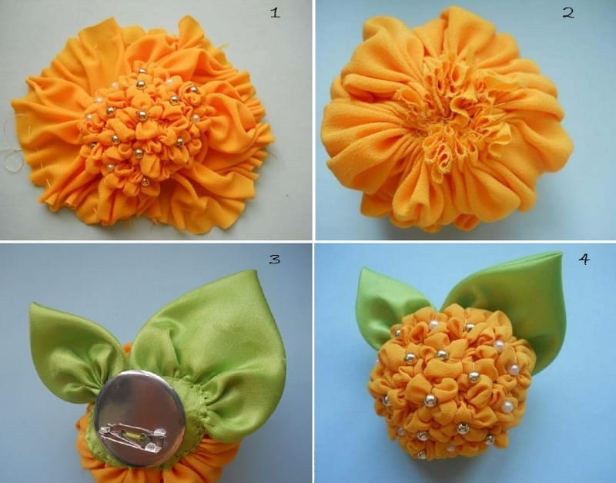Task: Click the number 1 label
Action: (276, 13)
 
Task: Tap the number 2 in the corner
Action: (568, 13)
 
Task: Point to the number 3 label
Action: (274, 259)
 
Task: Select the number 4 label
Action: (584, 259)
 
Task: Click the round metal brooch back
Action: (139, 413)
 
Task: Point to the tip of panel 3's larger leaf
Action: (256, 271)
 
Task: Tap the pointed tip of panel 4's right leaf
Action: (561, 253)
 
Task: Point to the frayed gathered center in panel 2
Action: (448, 114)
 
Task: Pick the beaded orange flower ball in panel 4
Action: (452, 383)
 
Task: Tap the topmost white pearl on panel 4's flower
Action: (434, 324)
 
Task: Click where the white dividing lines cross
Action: (314, 241)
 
